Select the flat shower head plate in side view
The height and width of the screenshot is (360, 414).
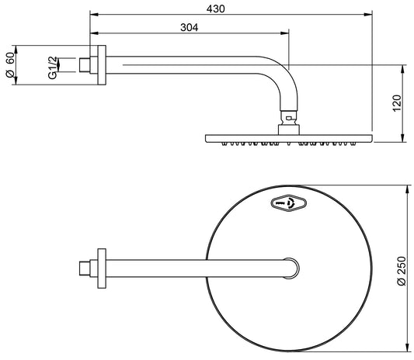pos(288,137)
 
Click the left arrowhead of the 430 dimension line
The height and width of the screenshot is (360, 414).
pos(93,14)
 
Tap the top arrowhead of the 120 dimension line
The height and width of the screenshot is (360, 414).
pos(402,67)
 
